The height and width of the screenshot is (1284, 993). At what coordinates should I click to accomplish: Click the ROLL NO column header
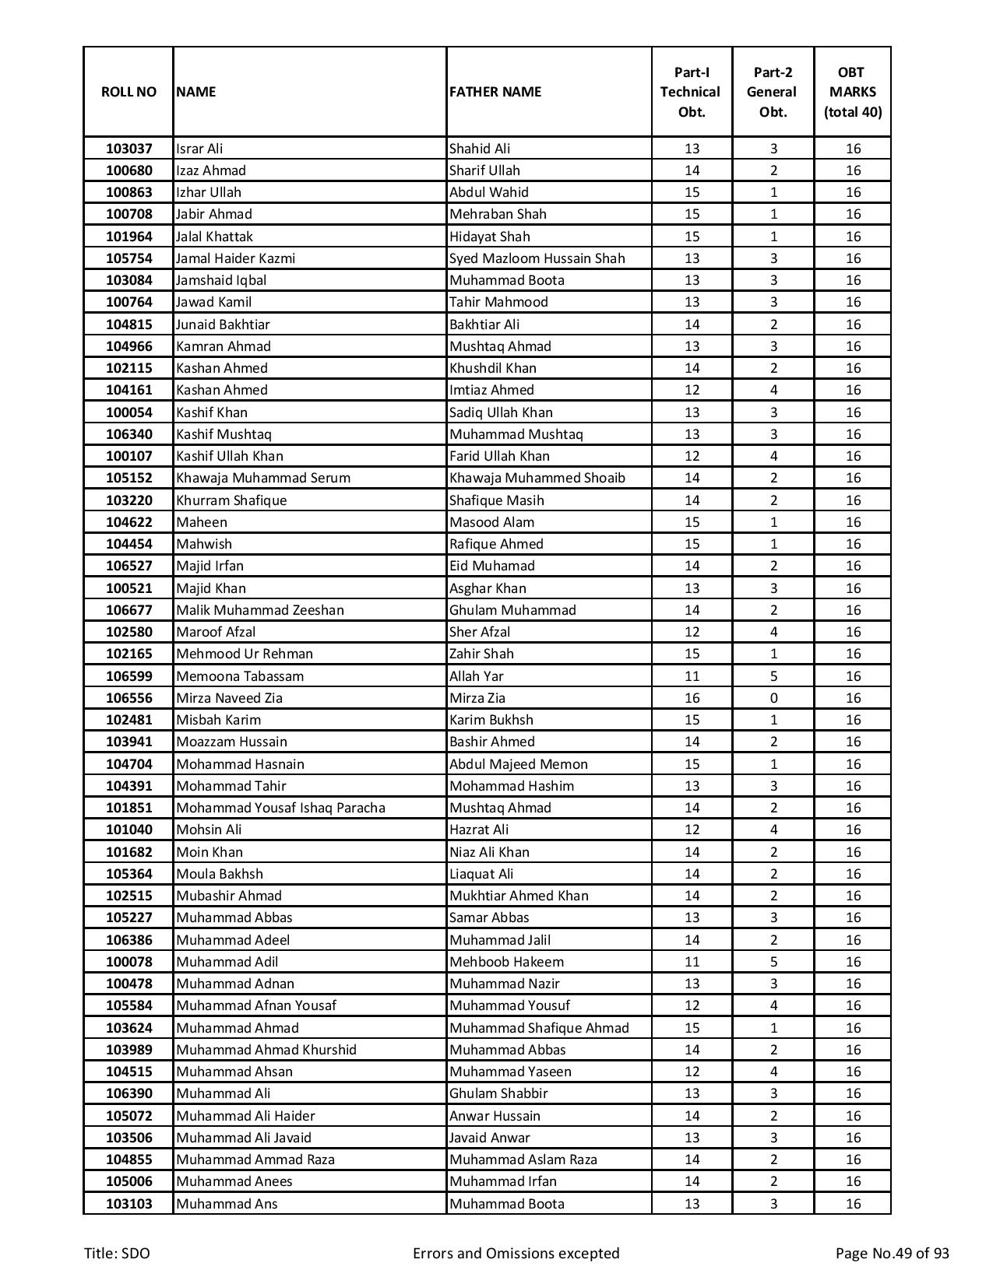point(129,92)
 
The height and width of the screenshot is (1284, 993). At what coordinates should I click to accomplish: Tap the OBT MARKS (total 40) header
point(852,92)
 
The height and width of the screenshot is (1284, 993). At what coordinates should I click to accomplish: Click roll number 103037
point(129,149)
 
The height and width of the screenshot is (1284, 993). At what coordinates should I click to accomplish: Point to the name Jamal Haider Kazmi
point(235,258)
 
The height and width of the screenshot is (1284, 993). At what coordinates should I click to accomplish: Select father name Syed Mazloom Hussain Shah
point(537,258)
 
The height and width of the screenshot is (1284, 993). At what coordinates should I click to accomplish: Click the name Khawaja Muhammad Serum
point(263,478)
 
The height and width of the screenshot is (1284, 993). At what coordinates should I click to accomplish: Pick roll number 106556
point(129,698)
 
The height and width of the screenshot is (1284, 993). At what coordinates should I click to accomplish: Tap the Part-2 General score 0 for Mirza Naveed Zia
point(773,698)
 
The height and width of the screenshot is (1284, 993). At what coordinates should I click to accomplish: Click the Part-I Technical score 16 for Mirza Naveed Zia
point(692,698)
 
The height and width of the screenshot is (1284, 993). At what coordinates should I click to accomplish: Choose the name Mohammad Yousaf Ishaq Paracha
point(280,808)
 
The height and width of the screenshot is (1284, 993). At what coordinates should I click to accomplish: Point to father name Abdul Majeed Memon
point(518,764)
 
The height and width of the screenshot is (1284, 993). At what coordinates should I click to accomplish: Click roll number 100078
point(129,962)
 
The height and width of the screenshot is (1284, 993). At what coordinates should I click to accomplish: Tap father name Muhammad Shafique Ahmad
point(539,1028)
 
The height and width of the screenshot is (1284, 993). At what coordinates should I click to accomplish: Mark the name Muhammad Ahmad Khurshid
point(266,1050)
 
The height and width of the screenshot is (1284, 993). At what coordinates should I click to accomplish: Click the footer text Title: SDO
point(117,1253)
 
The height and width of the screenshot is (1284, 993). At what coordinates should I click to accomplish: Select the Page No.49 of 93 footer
point(892,1253)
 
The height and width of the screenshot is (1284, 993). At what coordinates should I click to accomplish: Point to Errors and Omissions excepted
point(516,1253)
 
